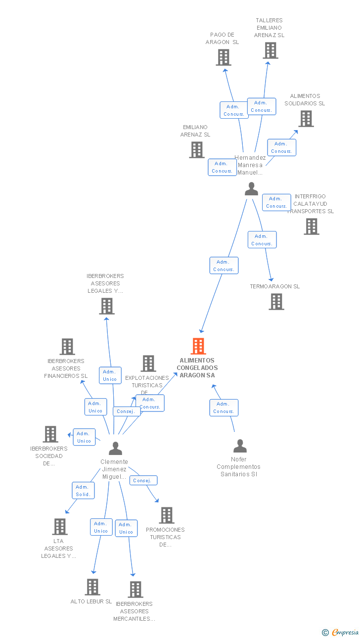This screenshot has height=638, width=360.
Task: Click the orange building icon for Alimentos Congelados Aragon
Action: pos(198,346)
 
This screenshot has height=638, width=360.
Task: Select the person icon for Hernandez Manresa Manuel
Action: pos(251,189)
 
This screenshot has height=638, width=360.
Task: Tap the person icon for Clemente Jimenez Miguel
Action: pos(115,448)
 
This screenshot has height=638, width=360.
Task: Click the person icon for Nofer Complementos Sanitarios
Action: pos(240,446)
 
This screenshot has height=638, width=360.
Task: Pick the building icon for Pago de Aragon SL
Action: pos(224,57)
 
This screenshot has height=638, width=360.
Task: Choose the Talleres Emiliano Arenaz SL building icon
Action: pos(270,50)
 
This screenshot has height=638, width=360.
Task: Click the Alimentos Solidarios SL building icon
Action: pos(306,119)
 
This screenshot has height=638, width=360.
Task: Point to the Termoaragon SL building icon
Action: pos(276,302)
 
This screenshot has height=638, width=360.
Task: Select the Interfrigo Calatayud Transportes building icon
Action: pos(311,227)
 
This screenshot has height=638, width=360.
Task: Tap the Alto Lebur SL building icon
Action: pos(92,587)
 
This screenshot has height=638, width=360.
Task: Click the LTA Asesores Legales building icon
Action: pos(60,527)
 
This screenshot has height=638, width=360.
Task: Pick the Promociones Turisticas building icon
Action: pos(167,515)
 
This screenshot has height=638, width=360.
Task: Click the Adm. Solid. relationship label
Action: pos(83,491)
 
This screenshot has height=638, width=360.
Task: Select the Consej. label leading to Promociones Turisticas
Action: pos(143,480)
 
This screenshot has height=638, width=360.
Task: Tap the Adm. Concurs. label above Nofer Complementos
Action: pos(224,408)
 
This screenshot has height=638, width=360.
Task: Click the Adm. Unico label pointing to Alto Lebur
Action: pos(101,527)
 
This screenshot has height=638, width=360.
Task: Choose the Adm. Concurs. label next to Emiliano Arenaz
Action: pos(222,167)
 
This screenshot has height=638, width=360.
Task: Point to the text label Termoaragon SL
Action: pos(274,286)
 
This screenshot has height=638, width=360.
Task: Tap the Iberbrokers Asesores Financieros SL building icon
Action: pos(67,347)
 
